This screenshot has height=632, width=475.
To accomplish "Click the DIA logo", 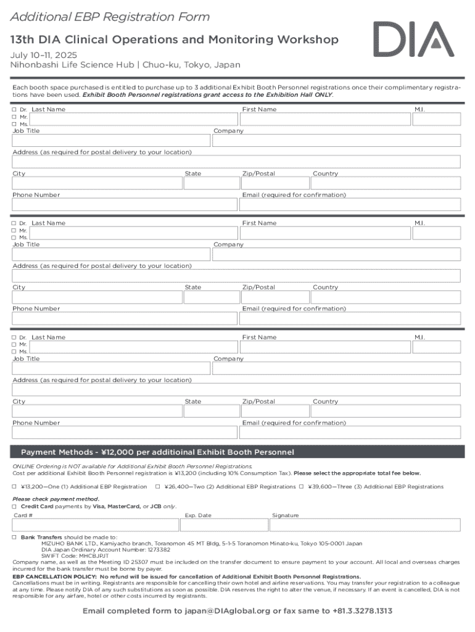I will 413,39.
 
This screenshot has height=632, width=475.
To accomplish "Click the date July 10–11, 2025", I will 43,55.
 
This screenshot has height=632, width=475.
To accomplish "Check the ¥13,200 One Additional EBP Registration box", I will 15,487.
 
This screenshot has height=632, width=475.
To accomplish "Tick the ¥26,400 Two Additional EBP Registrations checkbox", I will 158,487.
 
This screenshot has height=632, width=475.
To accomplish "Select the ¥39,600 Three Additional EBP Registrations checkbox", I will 302,487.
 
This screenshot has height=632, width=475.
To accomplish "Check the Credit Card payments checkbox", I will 15,506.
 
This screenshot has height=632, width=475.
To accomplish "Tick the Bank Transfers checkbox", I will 15,538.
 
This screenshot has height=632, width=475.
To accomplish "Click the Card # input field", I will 95,525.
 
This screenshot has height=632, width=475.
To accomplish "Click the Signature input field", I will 365,525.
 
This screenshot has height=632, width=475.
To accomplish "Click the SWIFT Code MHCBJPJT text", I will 75,555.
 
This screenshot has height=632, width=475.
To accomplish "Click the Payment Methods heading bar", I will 237,452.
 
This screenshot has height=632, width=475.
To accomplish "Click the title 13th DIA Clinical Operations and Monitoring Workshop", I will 174,40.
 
